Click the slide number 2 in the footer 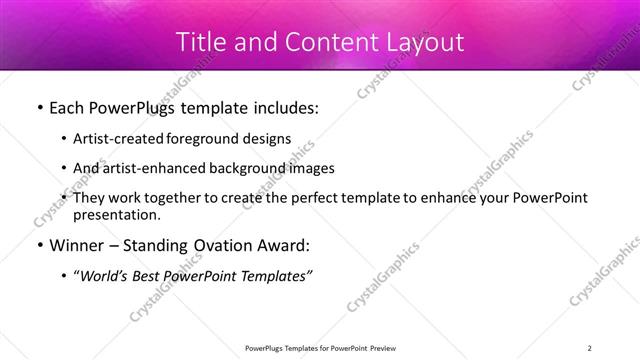(x=590, y=347)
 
